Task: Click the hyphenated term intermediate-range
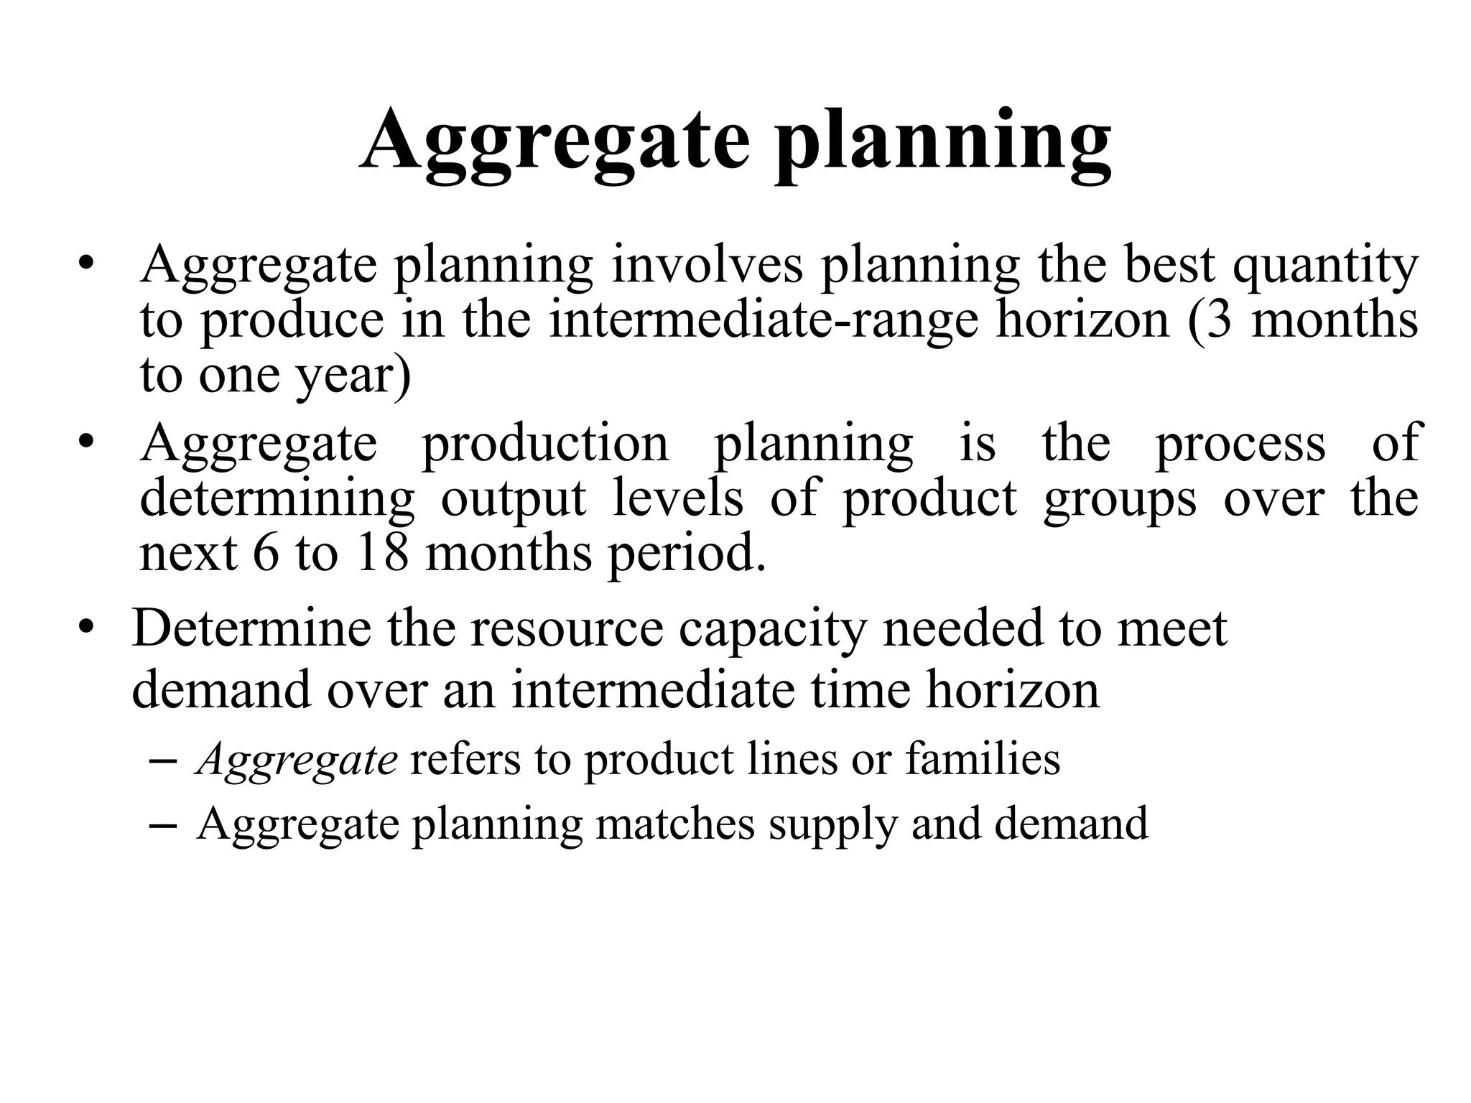764,320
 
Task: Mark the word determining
277,500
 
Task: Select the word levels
678,498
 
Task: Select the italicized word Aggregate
297,760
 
